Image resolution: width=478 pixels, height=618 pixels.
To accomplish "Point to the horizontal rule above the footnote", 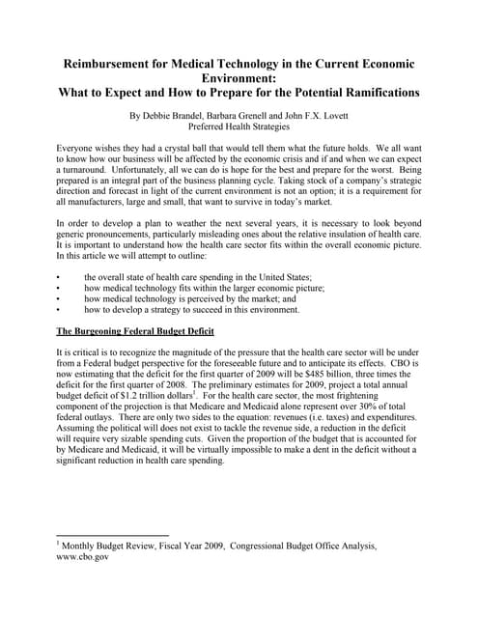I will click(x=113, y=534).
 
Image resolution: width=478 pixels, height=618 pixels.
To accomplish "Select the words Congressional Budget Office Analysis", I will click(x=304, y=546).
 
